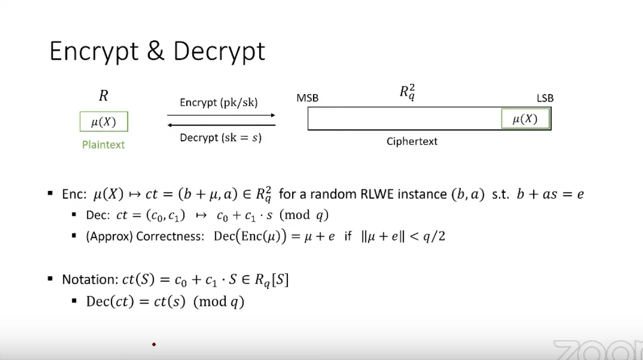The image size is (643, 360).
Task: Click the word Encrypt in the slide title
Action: tap(94, 52)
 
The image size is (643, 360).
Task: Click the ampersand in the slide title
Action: tap(156, 51)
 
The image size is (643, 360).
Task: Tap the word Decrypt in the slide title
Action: tap(219, 52)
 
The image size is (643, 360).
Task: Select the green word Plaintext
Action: tap(103, 144)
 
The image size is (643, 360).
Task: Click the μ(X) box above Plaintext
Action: tap(104, 121)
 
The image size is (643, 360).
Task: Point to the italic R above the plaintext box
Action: tap(103, 96)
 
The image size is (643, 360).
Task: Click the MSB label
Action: tap(307, 98)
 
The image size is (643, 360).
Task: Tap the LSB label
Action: tap(545, 98)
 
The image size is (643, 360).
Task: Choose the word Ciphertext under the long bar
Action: tap(412, 141)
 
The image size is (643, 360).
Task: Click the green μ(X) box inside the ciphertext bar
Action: tap(525, 118)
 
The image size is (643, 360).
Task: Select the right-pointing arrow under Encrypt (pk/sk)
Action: tap(221, 115)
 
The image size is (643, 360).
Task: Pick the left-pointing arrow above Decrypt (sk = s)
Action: tap(221, 125)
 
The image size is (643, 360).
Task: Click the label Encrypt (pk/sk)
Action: tap(219, 103)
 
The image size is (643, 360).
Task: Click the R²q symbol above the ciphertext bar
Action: tap(407, 93)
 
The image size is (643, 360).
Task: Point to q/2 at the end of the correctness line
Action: tap(434, 237)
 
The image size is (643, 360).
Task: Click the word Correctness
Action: tap(170, 237)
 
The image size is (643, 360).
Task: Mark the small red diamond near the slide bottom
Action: tap(154, 344)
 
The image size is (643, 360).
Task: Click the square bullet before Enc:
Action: tap(50, 193)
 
